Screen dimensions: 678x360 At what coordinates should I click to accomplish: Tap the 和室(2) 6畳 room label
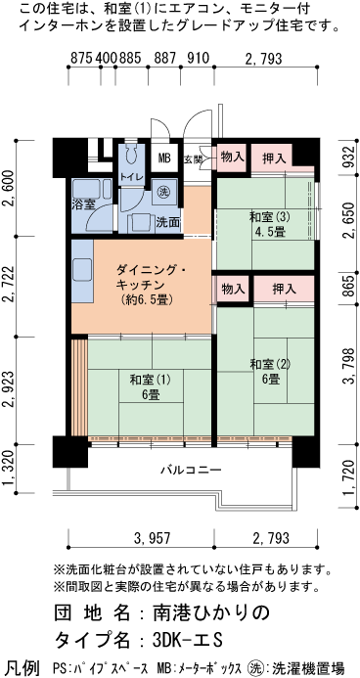[x=265, y=372]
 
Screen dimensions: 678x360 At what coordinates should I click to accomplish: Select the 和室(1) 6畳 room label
[x=150, y=386]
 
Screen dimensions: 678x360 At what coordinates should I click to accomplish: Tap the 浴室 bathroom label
[x=82, y=203]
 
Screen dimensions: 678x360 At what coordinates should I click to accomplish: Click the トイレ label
[x=130, y=176]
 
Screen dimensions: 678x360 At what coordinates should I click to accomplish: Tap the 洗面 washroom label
[x=167, y=222]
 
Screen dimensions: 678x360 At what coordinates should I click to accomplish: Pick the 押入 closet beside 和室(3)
[x=274, y=157]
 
